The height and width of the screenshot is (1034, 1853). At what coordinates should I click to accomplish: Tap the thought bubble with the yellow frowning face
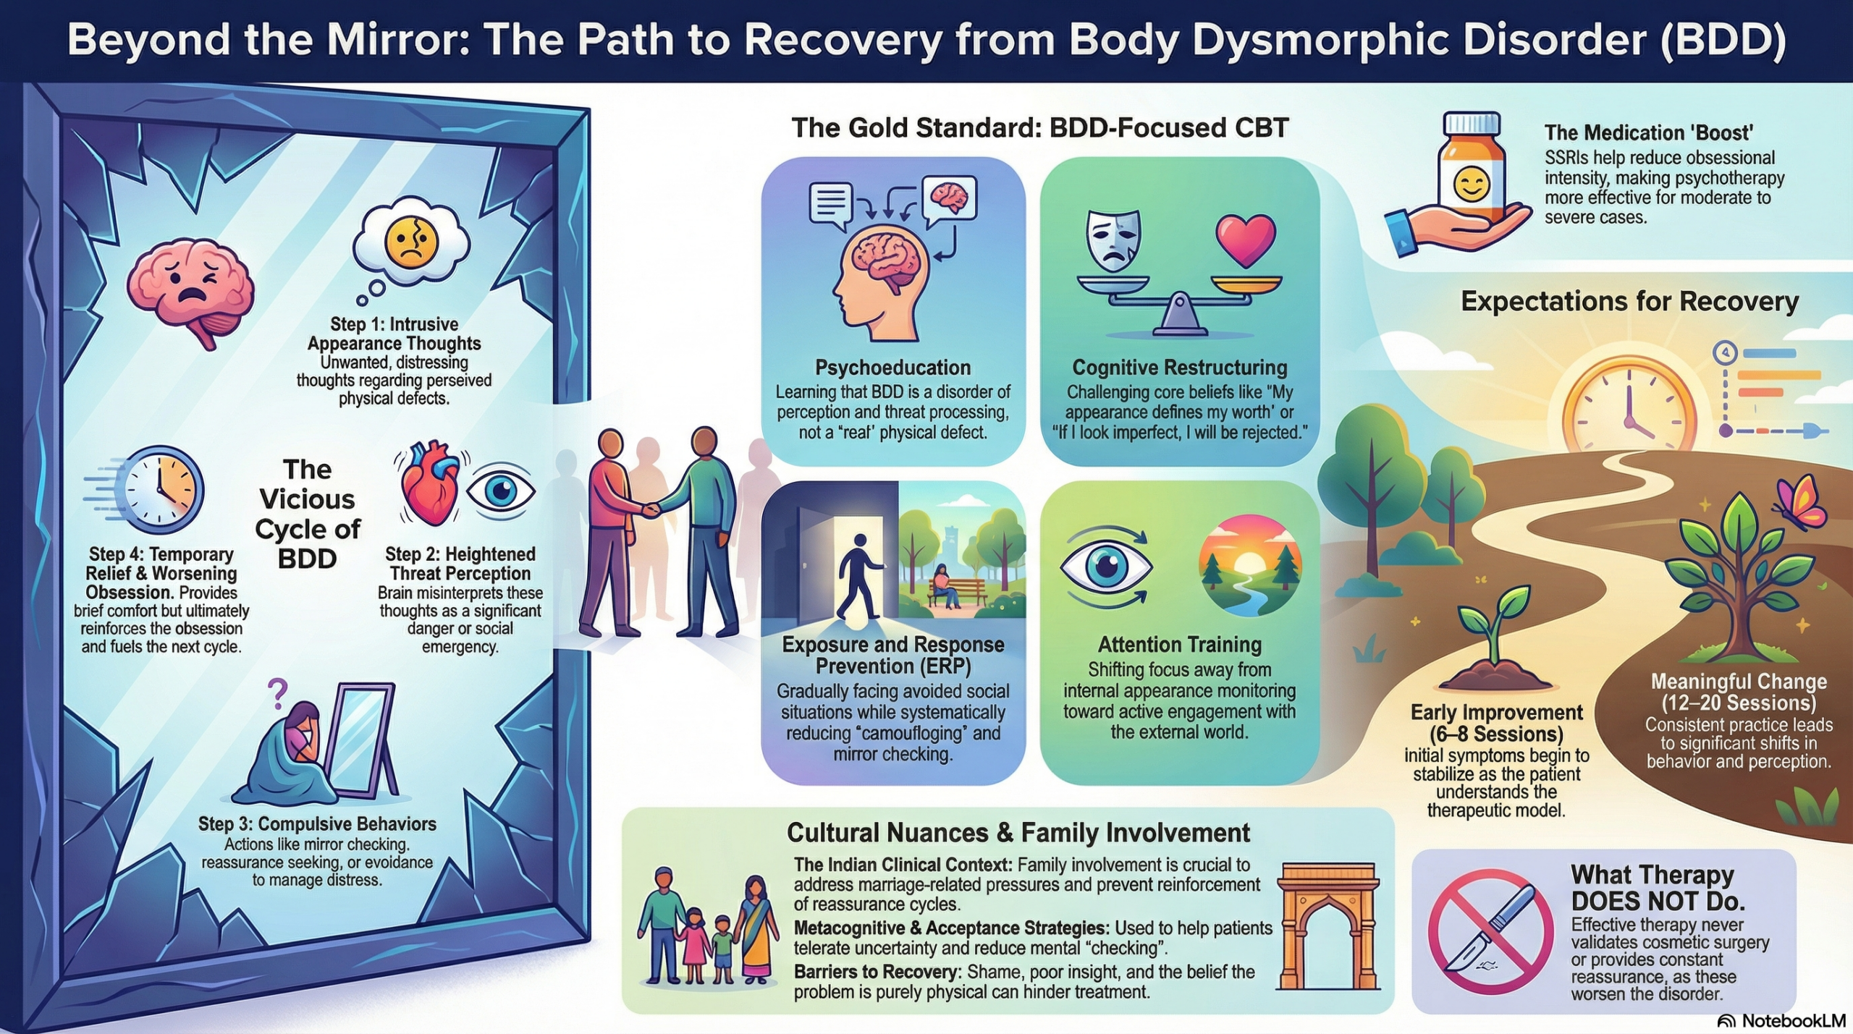click(410, 242)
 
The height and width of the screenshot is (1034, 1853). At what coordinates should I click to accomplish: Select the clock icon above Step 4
click(161, 490)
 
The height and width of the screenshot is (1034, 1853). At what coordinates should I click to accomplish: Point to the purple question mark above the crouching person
click(277, 693)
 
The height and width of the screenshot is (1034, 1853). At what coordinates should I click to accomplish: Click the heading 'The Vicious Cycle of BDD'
click(308, 514)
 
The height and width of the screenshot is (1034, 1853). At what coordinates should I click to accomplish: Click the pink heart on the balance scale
click(1246, 240)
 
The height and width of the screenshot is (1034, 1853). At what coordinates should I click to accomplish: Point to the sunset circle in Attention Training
click(1250, 565)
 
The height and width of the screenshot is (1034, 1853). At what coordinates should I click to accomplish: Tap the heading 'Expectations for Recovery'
click(1629, 301)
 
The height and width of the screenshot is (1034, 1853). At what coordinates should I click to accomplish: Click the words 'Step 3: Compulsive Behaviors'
click(317, 824)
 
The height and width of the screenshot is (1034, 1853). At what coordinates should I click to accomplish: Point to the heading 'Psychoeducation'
click(892, 368)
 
